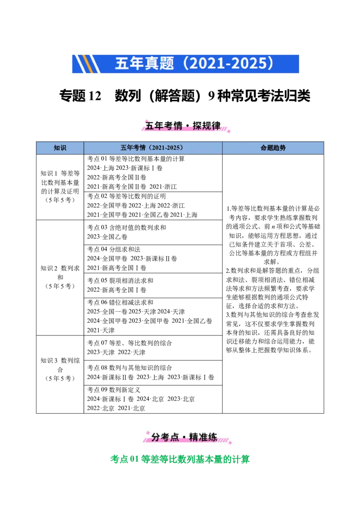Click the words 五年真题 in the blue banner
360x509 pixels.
(x=144, y=63)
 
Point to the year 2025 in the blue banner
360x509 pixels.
(x=247, y=63)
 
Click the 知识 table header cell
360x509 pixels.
(x=60, y=148)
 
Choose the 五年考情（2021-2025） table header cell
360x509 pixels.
(x=153, y=148)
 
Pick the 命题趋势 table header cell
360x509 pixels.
(x=273, y=148)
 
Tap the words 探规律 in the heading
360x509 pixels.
(x=207, y=126)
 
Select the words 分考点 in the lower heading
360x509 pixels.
(x=165, y=437)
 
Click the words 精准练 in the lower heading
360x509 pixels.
(x=203, y=437)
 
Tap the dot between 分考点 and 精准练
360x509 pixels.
(x=184, y=437)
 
